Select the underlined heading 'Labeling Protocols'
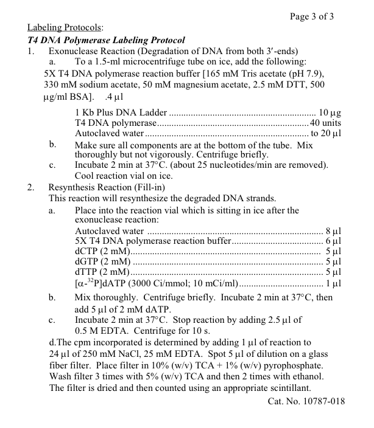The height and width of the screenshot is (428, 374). pos(65,28)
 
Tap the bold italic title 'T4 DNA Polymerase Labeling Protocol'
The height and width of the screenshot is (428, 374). pos(106,40)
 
